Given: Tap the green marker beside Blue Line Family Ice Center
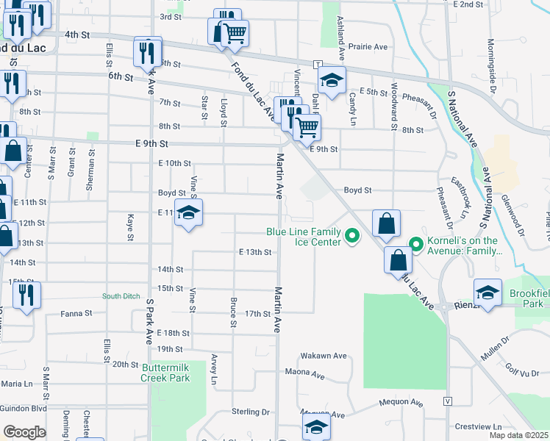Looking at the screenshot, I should pyautogui.click(x=352, y=236).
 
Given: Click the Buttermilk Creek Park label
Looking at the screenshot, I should pyautogui.click(x=165, y=373).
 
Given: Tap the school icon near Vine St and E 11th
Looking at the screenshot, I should pyautogui.click(x=190, y=214).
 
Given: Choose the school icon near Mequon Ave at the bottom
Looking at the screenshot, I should pyautogui.click(x=316, y=426).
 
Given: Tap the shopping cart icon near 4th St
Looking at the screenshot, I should pyautogui.click(x=234, y=32).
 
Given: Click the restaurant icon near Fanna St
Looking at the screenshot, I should pyautogui.click(x=26, y=295).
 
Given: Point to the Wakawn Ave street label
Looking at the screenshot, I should pyautogui.click(x=324, y=356).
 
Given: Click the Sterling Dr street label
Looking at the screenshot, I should pyautogui.click(x=251, y=412).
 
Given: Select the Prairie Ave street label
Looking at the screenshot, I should pyautogui.click(x=371, y=47).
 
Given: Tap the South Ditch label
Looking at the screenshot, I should pyautogui.click(x=121, y=296).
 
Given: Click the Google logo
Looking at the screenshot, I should pyautogui.click(x=24, y=432).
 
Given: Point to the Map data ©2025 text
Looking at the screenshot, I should pyautogui.click(x=518, y=435).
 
